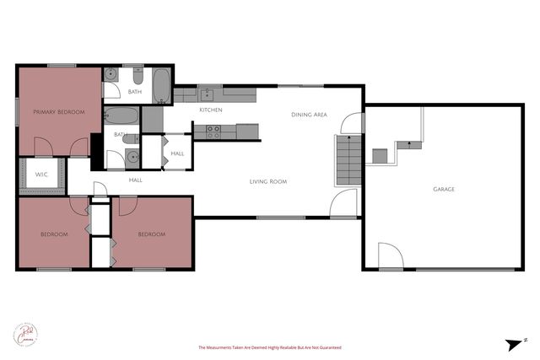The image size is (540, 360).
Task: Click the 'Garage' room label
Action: pyautogui.click(x=444, y=189)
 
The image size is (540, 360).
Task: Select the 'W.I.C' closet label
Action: pyautogui.click(x=40, y=175)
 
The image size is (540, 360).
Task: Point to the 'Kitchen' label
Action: pyautogui.click(x=210, y=110)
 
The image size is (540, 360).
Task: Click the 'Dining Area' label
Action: pyautogui.click(x=309, y=115)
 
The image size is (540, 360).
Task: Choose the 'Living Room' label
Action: pyautogui.click(x=268, y=181)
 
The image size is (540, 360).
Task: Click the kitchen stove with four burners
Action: pyautogui.click(x=213, y=131)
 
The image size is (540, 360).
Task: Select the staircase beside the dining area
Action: pyautogui.click(x=348, y=159)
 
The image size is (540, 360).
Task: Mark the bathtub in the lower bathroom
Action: pyautogui.click(x=123, y=116)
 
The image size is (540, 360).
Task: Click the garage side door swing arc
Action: pyautogui.click(x=390, y=255)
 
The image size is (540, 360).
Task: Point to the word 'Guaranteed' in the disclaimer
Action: pyautogui.click(x=327, y=347)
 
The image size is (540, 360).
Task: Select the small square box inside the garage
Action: pyautogui.click(x=380, y=155)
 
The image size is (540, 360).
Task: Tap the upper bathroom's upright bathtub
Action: pyautogui.click(x=162, y=85)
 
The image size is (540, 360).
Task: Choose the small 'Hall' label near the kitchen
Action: pyautogui.click(x=177, y=153)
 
